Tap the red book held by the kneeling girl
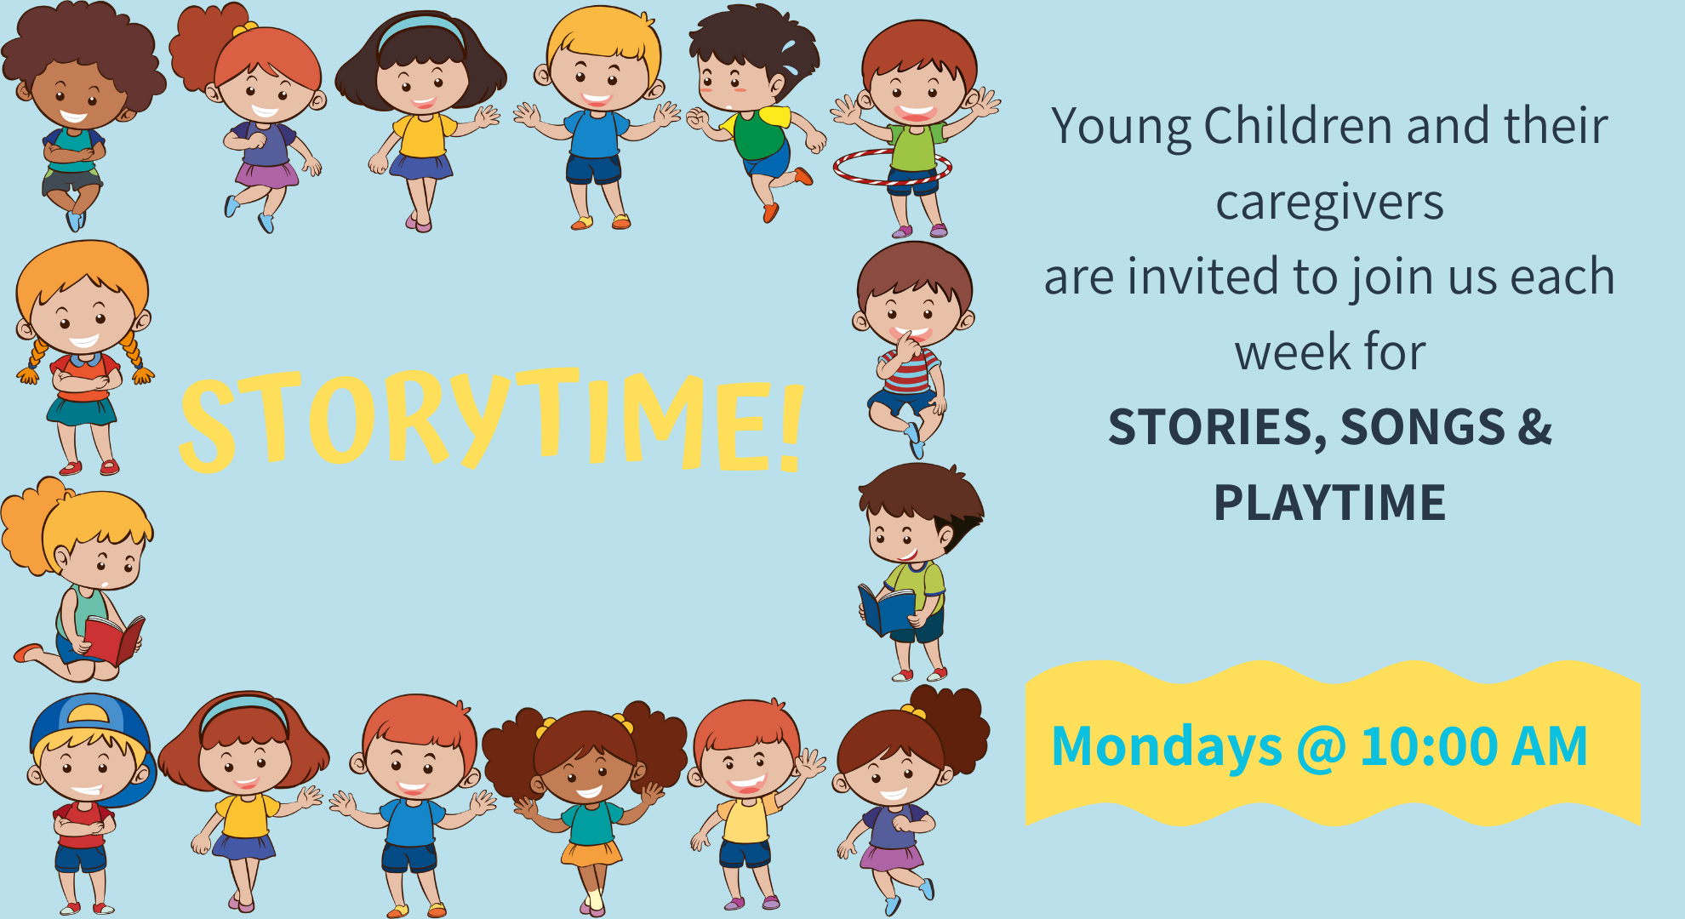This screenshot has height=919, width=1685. (x=114, y=639)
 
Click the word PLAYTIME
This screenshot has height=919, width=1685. (x=1329, y=502)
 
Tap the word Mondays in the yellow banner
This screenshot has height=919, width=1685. (x=1167, y=747)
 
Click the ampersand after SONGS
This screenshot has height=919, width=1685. (x=1535, y=426)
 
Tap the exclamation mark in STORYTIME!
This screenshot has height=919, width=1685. (x=791, y=426)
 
